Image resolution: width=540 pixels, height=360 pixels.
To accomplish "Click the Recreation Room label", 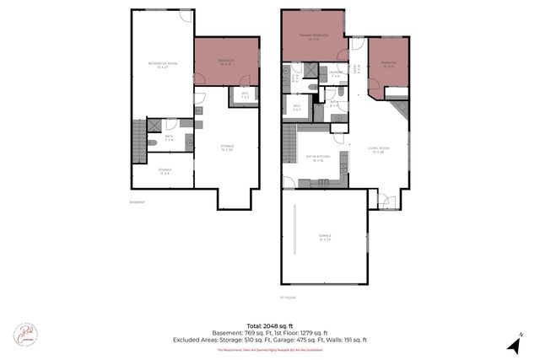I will [x=161, y=65].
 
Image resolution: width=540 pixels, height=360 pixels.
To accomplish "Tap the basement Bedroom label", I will [x=226, y=62].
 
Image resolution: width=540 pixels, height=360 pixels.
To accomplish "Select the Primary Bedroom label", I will [x=313, y=35].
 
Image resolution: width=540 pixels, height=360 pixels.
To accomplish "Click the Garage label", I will [x=325, y=237].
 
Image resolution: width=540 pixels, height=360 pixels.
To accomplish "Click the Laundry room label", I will [x=335, y=74].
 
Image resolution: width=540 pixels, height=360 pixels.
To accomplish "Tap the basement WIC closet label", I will [x=245, y=95].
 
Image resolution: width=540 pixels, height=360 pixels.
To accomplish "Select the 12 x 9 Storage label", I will [x=165, y=171].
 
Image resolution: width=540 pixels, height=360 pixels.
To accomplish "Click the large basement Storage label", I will [x=227, y=148].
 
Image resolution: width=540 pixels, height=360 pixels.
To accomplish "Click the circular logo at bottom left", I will [x=25, y=334].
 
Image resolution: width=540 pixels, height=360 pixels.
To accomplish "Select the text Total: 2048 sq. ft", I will [x=270, y=325].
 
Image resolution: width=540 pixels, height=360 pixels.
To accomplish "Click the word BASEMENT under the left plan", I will [x=137, y=202].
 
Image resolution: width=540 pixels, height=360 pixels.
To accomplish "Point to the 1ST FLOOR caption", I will [x=287, y=298].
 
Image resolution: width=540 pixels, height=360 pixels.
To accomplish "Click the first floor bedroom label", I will [x=388, y=64].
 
